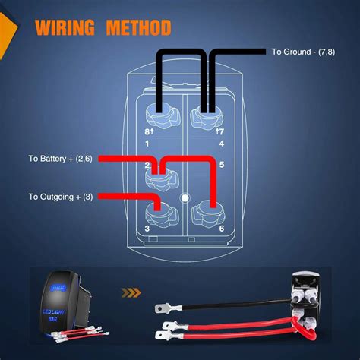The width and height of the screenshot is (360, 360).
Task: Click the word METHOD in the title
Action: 138,28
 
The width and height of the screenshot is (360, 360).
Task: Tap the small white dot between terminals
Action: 185,199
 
